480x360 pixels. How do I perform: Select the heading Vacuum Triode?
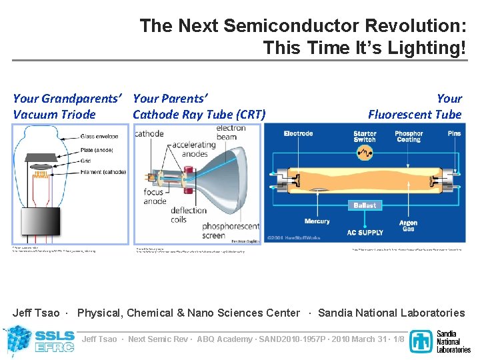coord(55,114)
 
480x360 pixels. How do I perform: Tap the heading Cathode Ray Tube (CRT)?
coord(199,114)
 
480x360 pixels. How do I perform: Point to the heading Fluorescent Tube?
coord(415,114)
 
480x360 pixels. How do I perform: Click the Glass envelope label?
coord(100,137)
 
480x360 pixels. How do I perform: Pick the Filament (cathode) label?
coord(103,171)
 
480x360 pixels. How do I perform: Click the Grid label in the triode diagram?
coord(85,161)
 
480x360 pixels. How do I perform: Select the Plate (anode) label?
coord(97,150)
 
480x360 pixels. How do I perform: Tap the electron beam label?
coord(231,132)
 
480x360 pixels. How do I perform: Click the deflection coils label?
coord(189,215)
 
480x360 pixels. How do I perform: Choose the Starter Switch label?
coord(365,137)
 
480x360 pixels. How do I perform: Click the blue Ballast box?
coord(365,205)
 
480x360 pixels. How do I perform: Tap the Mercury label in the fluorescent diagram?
coord(317,221)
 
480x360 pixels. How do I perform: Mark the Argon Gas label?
coord(409,226)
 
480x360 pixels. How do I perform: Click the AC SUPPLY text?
coord(365,233)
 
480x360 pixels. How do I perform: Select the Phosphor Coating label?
coord(409,137)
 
